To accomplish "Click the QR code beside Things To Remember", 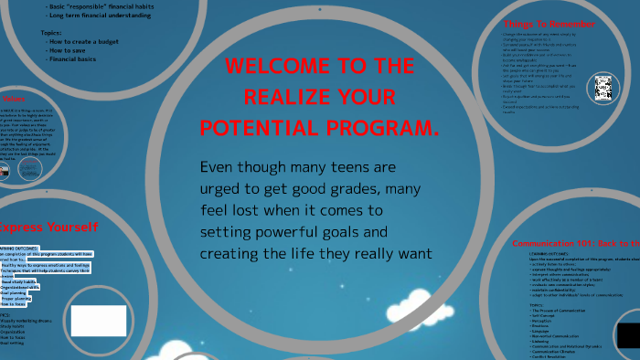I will click(x=603, y=88).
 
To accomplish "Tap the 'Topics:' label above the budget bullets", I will click(x=51, y=32).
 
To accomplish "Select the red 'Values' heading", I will click(x=13, y=99).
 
